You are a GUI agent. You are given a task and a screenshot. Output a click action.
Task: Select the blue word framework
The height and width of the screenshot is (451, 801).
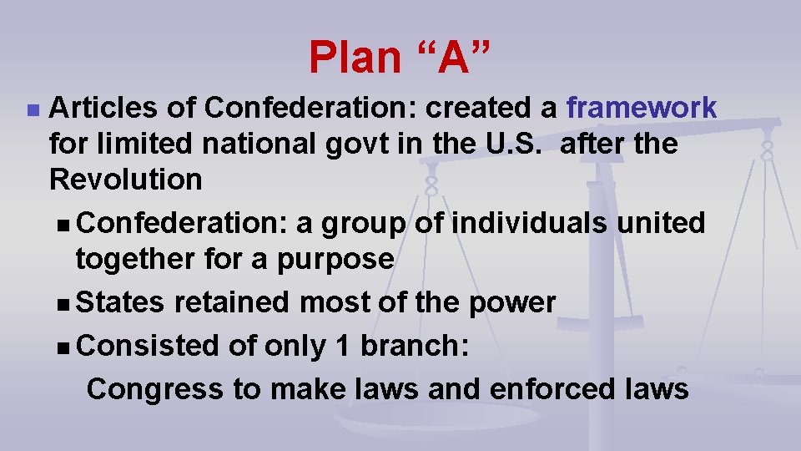(641, 108)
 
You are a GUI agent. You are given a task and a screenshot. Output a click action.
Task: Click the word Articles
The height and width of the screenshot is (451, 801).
(99, 108)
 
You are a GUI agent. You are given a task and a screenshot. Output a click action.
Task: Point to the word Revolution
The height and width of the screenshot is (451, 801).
(125, 180)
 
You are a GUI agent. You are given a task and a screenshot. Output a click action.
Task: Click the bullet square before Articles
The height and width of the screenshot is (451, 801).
(32, 109)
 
